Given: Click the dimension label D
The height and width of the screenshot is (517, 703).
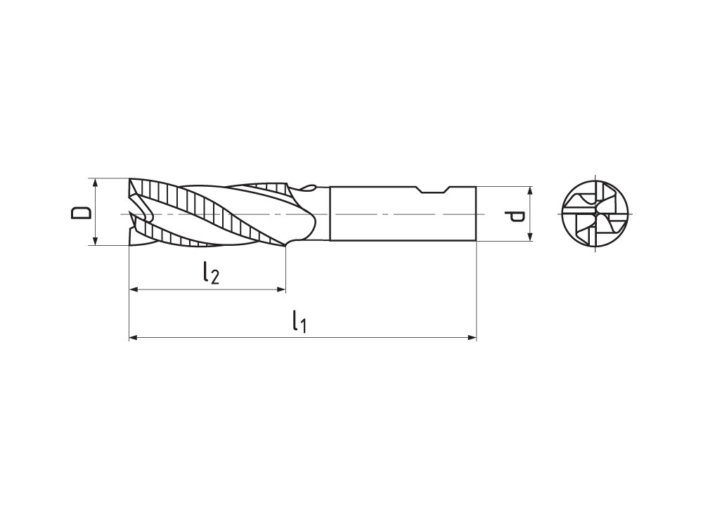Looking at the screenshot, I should pos(82,212).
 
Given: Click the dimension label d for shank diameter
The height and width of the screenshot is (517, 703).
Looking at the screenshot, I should pos(517,214).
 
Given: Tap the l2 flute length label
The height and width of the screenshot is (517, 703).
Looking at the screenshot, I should pos(209,272).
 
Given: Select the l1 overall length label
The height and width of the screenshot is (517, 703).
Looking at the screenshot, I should pos(299,321).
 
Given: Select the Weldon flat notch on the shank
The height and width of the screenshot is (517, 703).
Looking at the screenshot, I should pos(432,190).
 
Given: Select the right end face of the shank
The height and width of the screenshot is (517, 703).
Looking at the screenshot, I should pos(476,214).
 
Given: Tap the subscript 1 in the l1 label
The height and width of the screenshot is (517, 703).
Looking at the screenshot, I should pos(303,325).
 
